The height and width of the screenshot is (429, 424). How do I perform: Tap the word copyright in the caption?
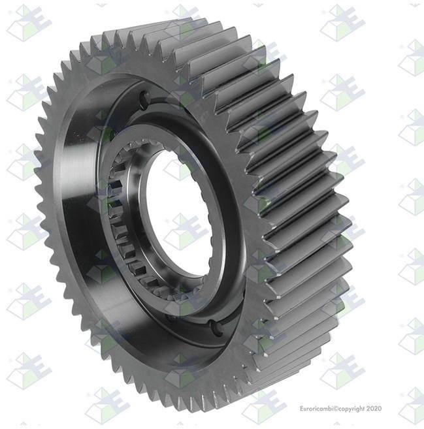click(x=351, y=409)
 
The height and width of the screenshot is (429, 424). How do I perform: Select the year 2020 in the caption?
click(x=374, y=409)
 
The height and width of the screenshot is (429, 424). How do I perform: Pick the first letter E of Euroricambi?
click(x=302, y=409)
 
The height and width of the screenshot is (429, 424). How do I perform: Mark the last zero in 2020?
click(x=380, y=409)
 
